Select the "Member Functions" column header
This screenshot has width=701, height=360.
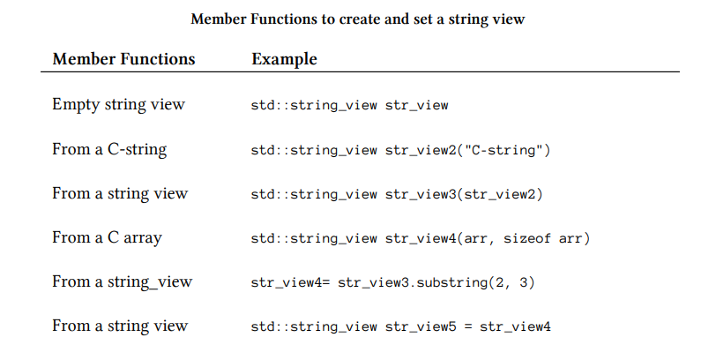tap(123, 59)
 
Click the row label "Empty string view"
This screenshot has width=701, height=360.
tap(118, 105)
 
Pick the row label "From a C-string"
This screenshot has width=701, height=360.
tap(109, 149)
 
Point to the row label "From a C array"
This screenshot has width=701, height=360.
tap(107, 237)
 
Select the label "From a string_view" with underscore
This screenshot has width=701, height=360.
tap(122, 282)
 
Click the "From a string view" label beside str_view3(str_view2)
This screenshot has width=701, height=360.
tap(120, 193)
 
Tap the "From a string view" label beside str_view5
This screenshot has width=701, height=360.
tap(120, 326)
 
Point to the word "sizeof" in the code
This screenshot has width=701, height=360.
tap(530, 238)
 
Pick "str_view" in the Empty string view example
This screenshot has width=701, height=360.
tap(416, 106)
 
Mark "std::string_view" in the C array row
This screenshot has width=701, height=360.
tap(314, 238)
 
